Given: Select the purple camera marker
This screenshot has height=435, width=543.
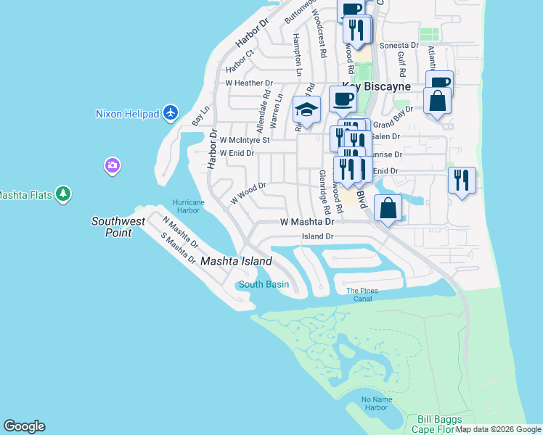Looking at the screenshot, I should (x=112, y=166).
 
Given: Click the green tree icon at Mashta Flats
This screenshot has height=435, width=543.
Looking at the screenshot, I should (x=64, y=194).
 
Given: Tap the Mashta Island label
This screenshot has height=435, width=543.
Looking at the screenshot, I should (x=236, y=261).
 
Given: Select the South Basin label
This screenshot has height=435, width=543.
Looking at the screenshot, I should (x=264, y=284).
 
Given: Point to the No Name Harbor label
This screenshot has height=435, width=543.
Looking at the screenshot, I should (x=375, y=403).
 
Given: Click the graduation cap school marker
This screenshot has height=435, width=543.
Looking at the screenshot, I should (x=306, y=110).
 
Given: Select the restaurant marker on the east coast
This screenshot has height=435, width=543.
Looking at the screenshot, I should (x=462, y=181).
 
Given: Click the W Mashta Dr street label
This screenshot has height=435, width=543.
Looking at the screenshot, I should (x=306, y=222).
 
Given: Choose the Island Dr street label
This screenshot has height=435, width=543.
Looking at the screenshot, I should (x=317, y=236).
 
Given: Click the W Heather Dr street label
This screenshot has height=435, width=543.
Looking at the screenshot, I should (x=248, y=83).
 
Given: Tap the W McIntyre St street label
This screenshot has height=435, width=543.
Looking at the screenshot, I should (x=245, y=139).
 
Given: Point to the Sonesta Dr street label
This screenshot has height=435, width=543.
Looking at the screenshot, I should (x=399, y=45).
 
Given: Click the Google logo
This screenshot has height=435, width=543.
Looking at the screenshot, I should (x=24, y=426).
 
